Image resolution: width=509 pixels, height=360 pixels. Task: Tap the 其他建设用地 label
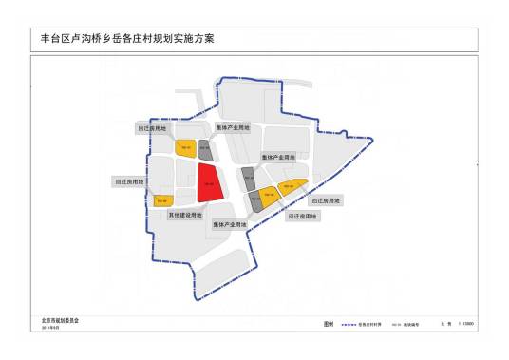click(x=184, y=215)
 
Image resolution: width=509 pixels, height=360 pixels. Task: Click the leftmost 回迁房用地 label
click(x=128, y=180)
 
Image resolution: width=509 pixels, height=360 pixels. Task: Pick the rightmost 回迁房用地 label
click(x=326, y=200)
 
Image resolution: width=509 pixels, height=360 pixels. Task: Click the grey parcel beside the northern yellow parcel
click(x=203, y=148)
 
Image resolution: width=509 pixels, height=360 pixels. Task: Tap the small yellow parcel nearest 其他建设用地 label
click(x=162, y=200)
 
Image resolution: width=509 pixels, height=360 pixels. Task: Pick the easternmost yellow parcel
click(x=292, y=185)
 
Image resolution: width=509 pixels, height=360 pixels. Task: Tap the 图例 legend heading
click(x=330, y=324)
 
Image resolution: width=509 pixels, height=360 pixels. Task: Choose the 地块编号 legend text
click(x=417, y=324)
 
